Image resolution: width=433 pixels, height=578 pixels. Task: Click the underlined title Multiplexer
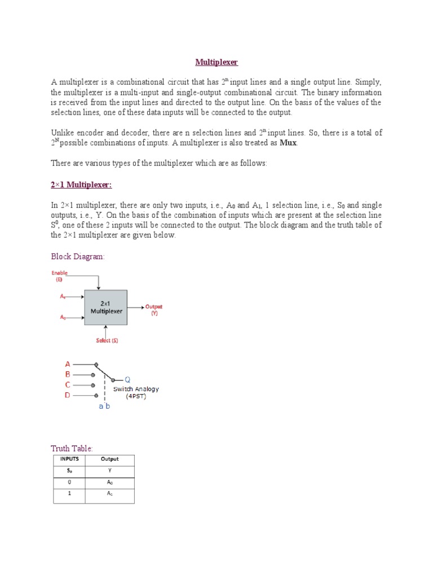[216, 62]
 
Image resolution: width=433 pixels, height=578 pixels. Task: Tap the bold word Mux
[288, 143]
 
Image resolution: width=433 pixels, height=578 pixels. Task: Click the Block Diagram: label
[78, 256]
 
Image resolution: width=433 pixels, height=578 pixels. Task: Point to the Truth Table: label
[72, 448]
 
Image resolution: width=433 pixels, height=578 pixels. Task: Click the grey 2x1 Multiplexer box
[105, 307]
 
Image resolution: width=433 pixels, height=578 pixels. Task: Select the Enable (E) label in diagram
[59, 275]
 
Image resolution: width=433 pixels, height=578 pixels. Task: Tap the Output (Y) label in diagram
[154, 310]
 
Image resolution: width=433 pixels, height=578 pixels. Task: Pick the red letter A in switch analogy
[68, 364]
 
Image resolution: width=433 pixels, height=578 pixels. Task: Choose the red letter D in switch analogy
[68, 395]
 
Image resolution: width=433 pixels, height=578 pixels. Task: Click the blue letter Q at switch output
[127, 379]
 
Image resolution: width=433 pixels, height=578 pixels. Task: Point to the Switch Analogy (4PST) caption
[136, 392]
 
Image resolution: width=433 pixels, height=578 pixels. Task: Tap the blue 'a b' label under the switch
[104, 406]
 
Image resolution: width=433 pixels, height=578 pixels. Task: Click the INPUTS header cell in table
[69, 459]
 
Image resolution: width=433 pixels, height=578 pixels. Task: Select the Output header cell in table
[109, 459]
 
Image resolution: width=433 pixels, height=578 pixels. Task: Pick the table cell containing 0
[69, 483]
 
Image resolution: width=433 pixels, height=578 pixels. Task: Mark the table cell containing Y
[109, 471]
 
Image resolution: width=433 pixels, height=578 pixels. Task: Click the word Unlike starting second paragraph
[63, 133]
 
